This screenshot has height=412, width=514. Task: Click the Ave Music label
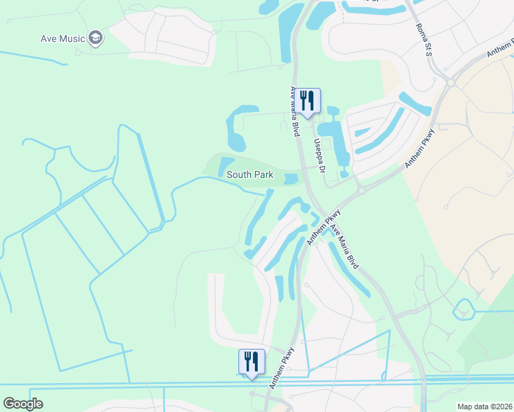(62, 38)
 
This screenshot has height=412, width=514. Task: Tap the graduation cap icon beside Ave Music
(96, 38)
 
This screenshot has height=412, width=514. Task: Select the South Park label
(250, 175)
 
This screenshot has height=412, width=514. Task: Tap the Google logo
(23, 404)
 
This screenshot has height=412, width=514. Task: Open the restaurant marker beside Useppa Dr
(309, 102)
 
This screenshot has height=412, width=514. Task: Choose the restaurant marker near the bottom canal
(252, 362)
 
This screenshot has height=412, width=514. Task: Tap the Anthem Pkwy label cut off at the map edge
(500, 49)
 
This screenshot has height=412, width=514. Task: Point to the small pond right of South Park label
(291, 179)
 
